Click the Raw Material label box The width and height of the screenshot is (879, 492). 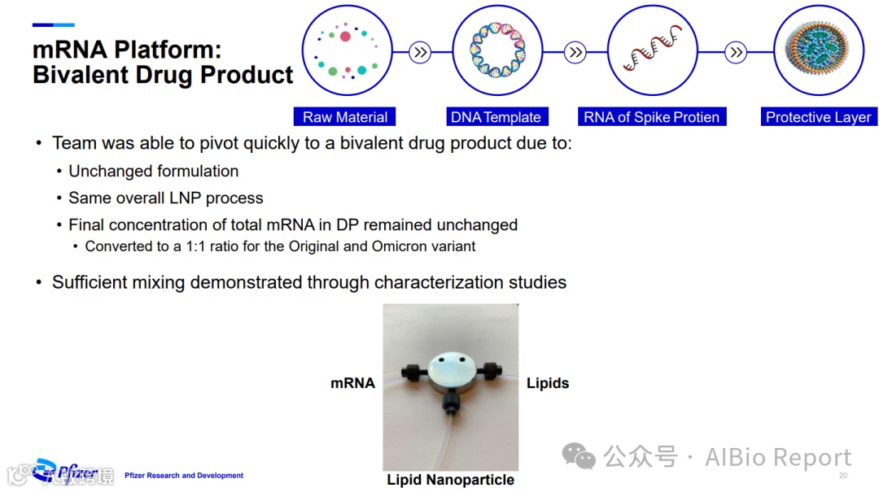pos(345,117)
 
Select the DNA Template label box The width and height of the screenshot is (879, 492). pos(496,117)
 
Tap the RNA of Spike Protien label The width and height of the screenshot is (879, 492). pos(651,117)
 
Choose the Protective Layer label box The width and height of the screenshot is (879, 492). pos(818,117)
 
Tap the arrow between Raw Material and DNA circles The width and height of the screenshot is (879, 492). pos(420,54)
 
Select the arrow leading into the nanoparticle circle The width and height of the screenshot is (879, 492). pos(736,54)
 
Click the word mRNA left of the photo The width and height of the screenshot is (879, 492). pos(352,383)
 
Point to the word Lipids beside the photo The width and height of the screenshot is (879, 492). pos(548,383)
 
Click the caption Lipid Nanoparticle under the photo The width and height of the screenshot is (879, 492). pos(450,480)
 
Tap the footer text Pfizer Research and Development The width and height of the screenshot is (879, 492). pos(184,476)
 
